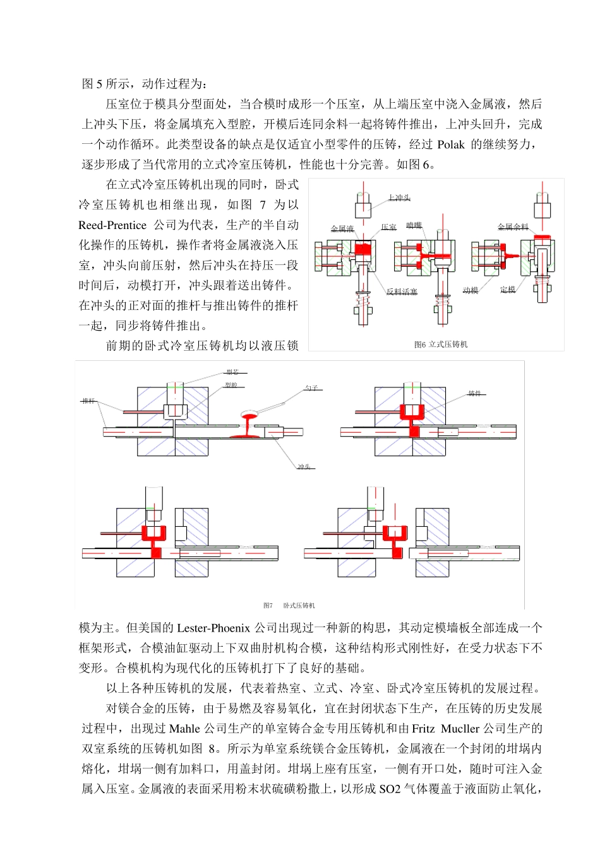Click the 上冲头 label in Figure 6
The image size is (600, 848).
pos(399,197)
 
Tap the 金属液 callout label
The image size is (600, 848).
pos(342,228)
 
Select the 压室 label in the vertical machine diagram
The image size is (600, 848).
pos(388,227)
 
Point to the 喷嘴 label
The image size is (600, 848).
pos(414,225)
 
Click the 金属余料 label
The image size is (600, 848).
pos(512,227)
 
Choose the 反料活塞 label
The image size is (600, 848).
pos(402,291)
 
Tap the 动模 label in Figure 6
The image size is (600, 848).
pos(471,290)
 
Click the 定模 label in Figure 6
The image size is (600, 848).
pos(508,289)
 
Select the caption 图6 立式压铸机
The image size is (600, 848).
pos(441,344)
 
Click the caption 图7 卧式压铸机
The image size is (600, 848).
pos(289,606)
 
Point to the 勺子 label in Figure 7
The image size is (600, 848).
pos(311,388)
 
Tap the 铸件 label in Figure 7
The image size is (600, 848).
pos(474,394)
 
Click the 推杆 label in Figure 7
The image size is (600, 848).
pos(88,401)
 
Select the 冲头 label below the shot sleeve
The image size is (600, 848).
pos(304,467)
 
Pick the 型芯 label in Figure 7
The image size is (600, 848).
pos(232,372)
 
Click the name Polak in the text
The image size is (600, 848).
pos(451,144)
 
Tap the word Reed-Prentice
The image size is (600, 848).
pos(112,225)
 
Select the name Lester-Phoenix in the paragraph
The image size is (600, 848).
pos(213,628)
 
